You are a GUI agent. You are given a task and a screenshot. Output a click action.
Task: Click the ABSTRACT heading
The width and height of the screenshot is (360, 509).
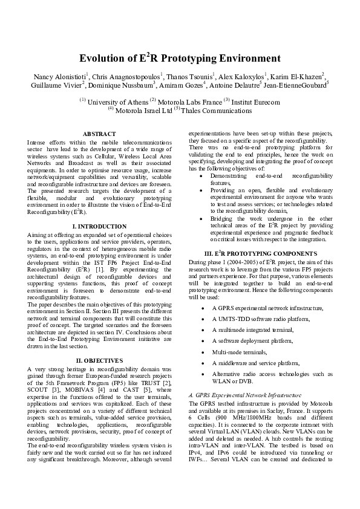click(x=99, y=133)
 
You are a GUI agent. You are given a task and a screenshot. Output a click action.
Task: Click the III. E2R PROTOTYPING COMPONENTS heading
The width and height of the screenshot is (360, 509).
click(x=260, y=268)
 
